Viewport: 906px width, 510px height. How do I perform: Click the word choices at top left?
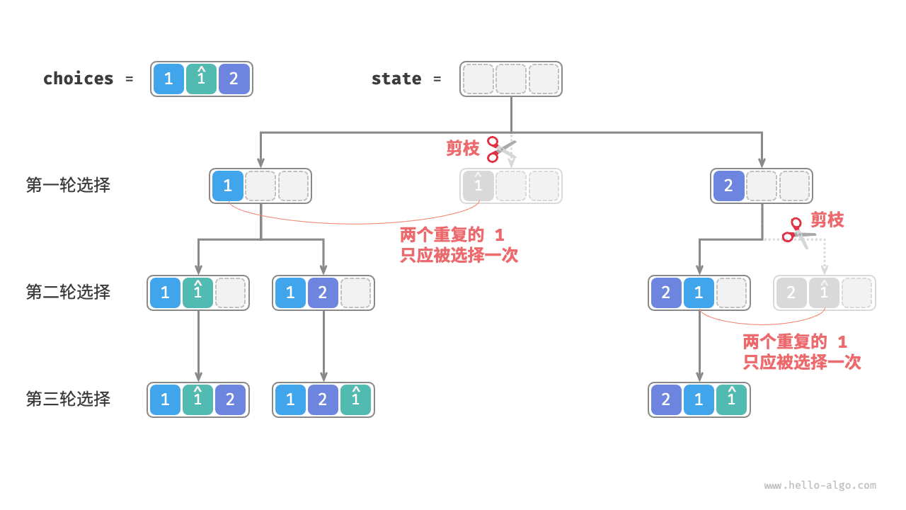(x=78, y=79)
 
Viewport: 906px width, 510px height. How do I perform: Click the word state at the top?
(x=396, y=79)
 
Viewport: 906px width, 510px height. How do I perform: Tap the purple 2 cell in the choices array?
(x=234, y=79)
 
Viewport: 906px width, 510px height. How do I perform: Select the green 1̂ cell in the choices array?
(x=201, y=79)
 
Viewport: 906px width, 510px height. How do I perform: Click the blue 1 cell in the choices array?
(x=168, y=79)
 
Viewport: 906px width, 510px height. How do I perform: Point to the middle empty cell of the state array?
(x=511, y=79)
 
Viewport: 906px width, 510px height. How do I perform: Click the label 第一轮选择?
(x=68, y=186)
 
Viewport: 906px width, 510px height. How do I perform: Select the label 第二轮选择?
(x=68, y=292)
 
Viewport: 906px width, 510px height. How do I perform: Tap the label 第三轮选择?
(x=68, y=399)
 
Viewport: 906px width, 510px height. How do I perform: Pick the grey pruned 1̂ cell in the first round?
(x=478, y=186)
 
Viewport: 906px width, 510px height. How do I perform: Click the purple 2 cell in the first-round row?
(x=728, y=186)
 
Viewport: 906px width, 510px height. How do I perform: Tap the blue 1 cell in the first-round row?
(x=227, y=186)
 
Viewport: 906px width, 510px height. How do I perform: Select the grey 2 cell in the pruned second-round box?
(x=791, y=293)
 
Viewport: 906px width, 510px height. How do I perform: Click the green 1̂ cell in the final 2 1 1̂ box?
(x=732, y=399)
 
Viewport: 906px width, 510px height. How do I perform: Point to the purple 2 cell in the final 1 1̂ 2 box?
(x=231, y=399)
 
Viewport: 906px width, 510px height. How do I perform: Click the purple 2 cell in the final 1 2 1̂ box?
(x=323, y=399)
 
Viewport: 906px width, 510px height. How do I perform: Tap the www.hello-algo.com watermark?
(x=820, y=486)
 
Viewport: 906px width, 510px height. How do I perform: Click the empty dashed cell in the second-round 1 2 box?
(x=356, y=293)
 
